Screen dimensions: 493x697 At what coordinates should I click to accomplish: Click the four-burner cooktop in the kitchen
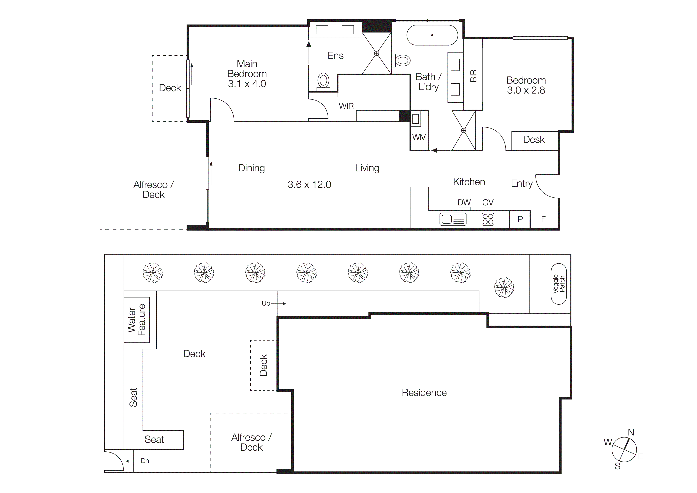(x=488, y=219)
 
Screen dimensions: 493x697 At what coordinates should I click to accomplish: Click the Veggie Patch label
(x=559, y=284)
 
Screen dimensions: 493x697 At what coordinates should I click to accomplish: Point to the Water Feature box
(x=137, y=320)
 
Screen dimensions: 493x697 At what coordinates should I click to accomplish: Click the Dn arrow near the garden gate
(x=131, y=461)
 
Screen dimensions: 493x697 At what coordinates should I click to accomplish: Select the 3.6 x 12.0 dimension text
(x=309, y=184)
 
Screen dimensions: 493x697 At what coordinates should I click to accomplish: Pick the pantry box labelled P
(x=520, y=219)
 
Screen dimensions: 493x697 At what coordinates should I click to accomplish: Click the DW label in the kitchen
(x=464, y=202)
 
